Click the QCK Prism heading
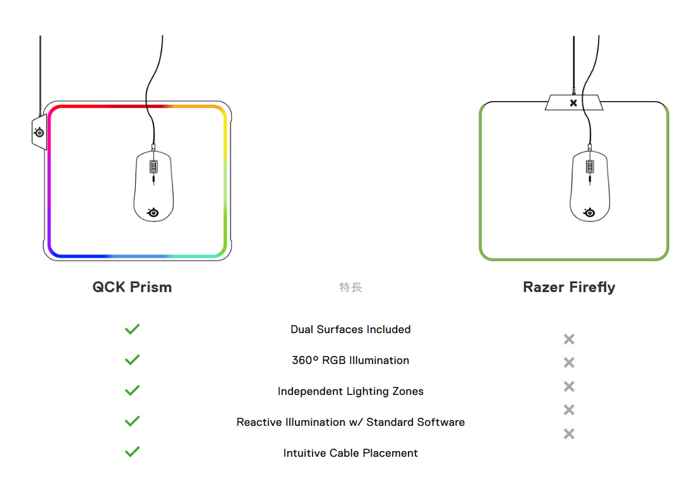pyautogui.click(x=132, y=287)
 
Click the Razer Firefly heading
pyautogui.click(x=569, y=287)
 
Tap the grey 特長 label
pyautogui.click(x=350, y=288)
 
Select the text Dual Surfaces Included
pyautogui.click(x=350, y=329)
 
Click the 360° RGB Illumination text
pyautogui.click(x=350, y=360)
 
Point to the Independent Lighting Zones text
pyautogui.click(x=350, y=391)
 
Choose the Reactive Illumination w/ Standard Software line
pyautogui.click(x=350, y=422)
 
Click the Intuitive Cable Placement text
pyautogui.click(x=350, y=453)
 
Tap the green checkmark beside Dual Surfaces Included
pyautogui.click(x=132, y=329)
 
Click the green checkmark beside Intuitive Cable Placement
pyautogui.click(x=132, y=452)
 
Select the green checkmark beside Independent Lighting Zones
pyautogui.click(x=132, y=391)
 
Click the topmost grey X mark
pyautogui.click(x=569, y=339)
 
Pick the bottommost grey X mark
pyautogui.click(x=569, y=433)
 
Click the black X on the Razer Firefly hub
pyautogui.click(x=573, y=103)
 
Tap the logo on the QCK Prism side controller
pyautogui.click(x=39, y=132)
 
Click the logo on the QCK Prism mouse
pyautogui.click(x=153, y=212)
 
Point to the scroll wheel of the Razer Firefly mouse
pyautogui.click(x=590, y=167)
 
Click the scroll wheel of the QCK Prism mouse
pyautogui.click(x=153, y=167)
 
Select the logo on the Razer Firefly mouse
pyautogui.click(x=590, y=212)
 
